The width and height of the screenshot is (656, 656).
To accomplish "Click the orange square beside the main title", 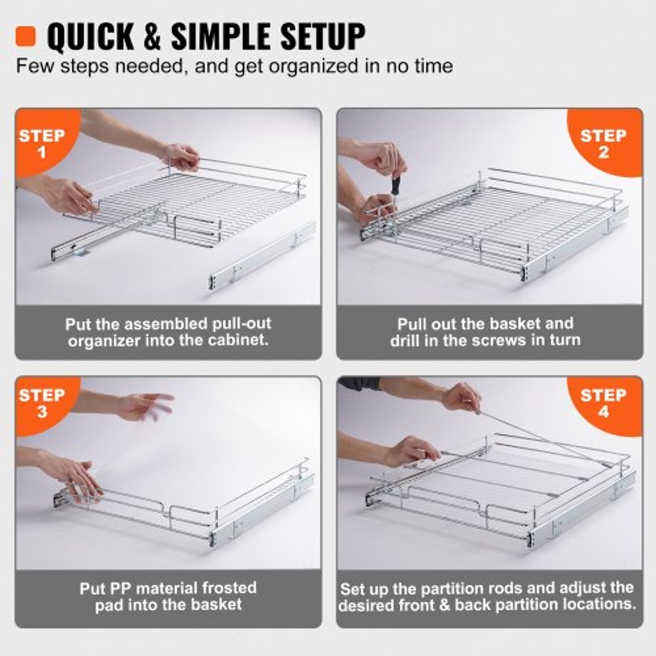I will pos(28,36).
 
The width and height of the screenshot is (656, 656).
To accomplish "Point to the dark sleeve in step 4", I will pos(360,384).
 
